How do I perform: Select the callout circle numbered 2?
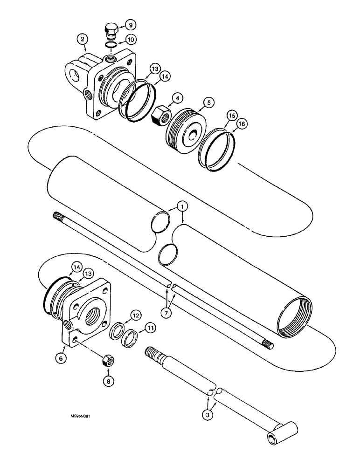[83, 41]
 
